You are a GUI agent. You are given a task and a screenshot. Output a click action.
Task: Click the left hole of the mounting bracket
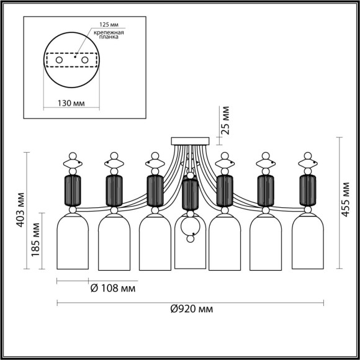(60, 60)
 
